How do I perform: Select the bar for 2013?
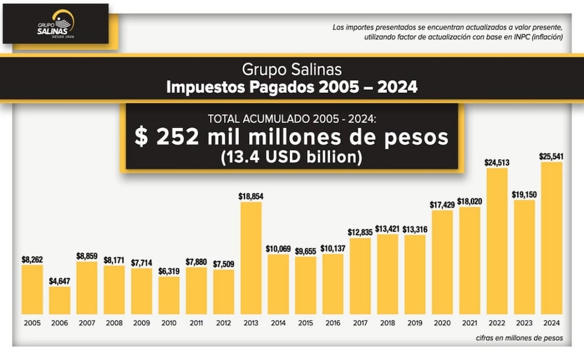[x=251, y=258]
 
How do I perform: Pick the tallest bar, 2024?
[x=551, y=238]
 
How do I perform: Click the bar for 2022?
[x=497, y=241]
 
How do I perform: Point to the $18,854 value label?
[x=251, y=197]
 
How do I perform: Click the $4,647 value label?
[x=59, y=281]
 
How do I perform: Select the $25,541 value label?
[x=551, y=156]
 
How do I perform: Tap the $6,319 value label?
[x=169, y=271]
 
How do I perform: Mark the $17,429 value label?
[x=442, y=204]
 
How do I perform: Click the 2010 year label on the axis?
[x=169, y=323]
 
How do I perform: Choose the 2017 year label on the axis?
[x=360, y=323]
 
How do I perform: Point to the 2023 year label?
[x=524, y=323]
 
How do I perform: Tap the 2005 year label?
[x=32, y=323]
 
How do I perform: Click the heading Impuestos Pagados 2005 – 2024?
[x=291, y=87]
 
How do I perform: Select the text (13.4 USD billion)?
[x=291, y=157]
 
